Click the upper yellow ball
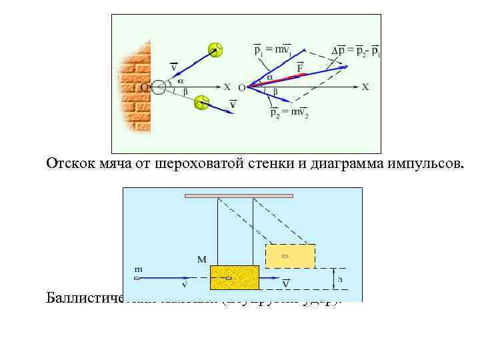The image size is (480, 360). (x=215, y=49)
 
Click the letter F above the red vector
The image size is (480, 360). (x=300, y=68)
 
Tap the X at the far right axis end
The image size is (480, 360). (x=365, y=87)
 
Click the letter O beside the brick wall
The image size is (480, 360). (x=143, y=87)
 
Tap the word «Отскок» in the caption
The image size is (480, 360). (x=67, y=163)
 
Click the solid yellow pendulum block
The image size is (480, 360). (x=234, y=277)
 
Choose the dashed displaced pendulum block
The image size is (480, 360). (x=290, y=256)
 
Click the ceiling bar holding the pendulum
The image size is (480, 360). (x=239, y=196)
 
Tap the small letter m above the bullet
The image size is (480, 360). (x=139, y=269)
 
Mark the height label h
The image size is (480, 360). (x=341, y=279)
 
